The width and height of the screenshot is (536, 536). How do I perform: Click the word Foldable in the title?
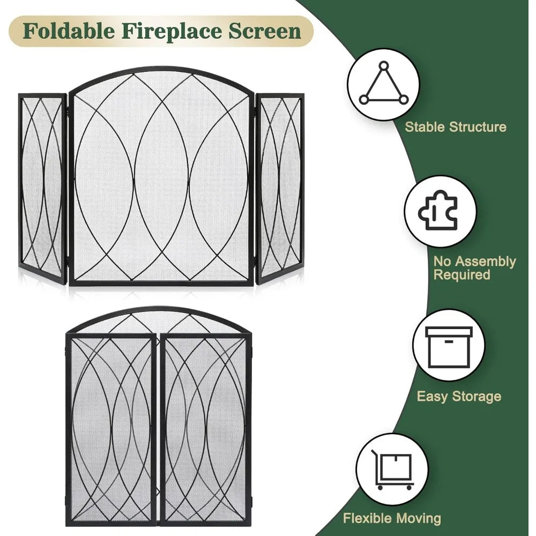69,31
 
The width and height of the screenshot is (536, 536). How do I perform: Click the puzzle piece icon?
438,210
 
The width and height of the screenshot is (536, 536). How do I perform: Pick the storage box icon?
449,347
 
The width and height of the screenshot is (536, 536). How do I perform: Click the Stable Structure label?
455,127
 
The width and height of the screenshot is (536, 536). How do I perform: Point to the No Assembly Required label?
475,267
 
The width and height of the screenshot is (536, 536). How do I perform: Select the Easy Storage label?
459,397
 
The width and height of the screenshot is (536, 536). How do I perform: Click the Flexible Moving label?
392,518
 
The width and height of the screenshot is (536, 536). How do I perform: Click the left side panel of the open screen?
43,187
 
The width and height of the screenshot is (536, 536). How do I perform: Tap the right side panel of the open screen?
280,187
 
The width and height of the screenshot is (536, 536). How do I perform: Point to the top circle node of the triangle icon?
384,65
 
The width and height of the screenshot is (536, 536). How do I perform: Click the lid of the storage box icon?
449,332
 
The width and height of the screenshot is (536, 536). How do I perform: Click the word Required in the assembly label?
462,275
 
